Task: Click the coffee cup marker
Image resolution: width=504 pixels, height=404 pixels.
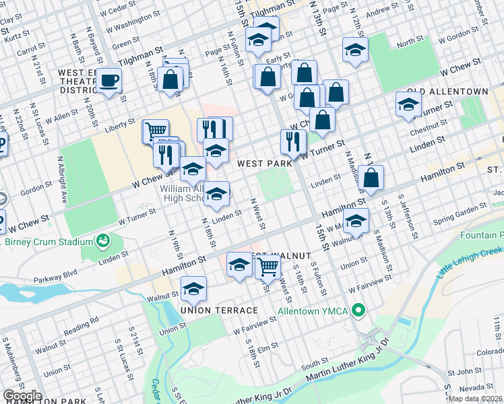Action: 108,80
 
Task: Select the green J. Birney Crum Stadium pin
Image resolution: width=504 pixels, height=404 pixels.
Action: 103,240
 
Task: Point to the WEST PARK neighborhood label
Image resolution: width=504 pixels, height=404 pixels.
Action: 263,163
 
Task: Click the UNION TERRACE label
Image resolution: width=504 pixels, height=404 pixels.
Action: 219,310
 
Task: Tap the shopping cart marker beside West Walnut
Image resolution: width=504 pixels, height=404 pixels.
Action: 268,266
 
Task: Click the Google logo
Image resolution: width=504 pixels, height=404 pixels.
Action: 22,396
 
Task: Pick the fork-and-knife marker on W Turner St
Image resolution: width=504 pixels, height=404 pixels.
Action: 293,141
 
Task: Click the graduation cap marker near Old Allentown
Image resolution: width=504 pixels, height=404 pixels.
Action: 408,104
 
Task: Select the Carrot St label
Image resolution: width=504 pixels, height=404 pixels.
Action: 30,50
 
